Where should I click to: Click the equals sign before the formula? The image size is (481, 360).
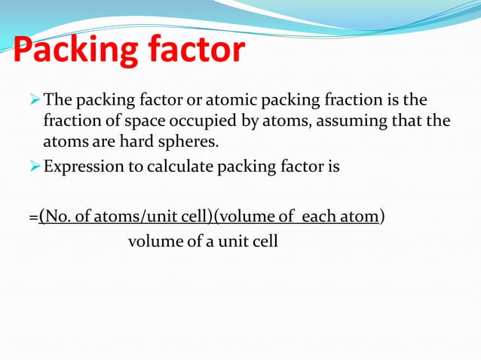[x=33, y=218]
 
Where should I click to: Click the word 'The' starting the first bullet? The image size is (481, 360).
[x=56, y=99]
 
